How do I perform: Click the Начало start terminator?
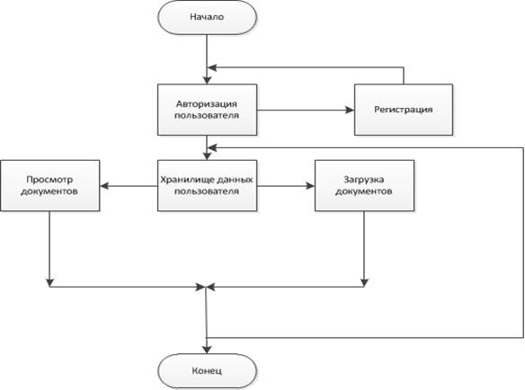click(x=207, y=17)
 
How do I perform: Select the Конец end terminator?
click(x=207, y=371)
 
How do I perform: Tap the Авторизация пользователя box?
click(x=207, y=110)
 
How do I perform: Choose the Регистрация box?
click(x=404, y=110)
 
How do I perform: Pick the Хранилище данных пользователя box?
click(x=207, y=185)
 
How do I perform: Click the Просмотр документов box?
click(x=49, y=185)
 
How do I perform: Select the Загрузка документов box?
click(x=364, y=185)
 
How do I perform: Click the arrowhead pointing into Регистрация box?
click(x=350, y=110)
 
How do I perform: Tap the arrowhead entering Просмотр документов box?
click(x=104, y=185)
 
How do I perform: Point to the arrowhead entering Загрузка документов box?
click(x=310, y=185)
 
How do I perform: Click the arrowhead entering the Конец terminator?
click(x=207, y=350)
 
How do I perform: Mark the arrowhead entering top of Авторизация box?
click(x=207, y=80)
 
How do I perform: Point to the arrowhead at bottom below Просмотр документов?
click(x=49, y=282)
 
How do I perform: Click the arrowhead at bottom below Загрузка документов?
click(x=364, y=282)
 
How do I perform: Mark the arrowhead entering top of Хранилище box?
click(x=207, y=155)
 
